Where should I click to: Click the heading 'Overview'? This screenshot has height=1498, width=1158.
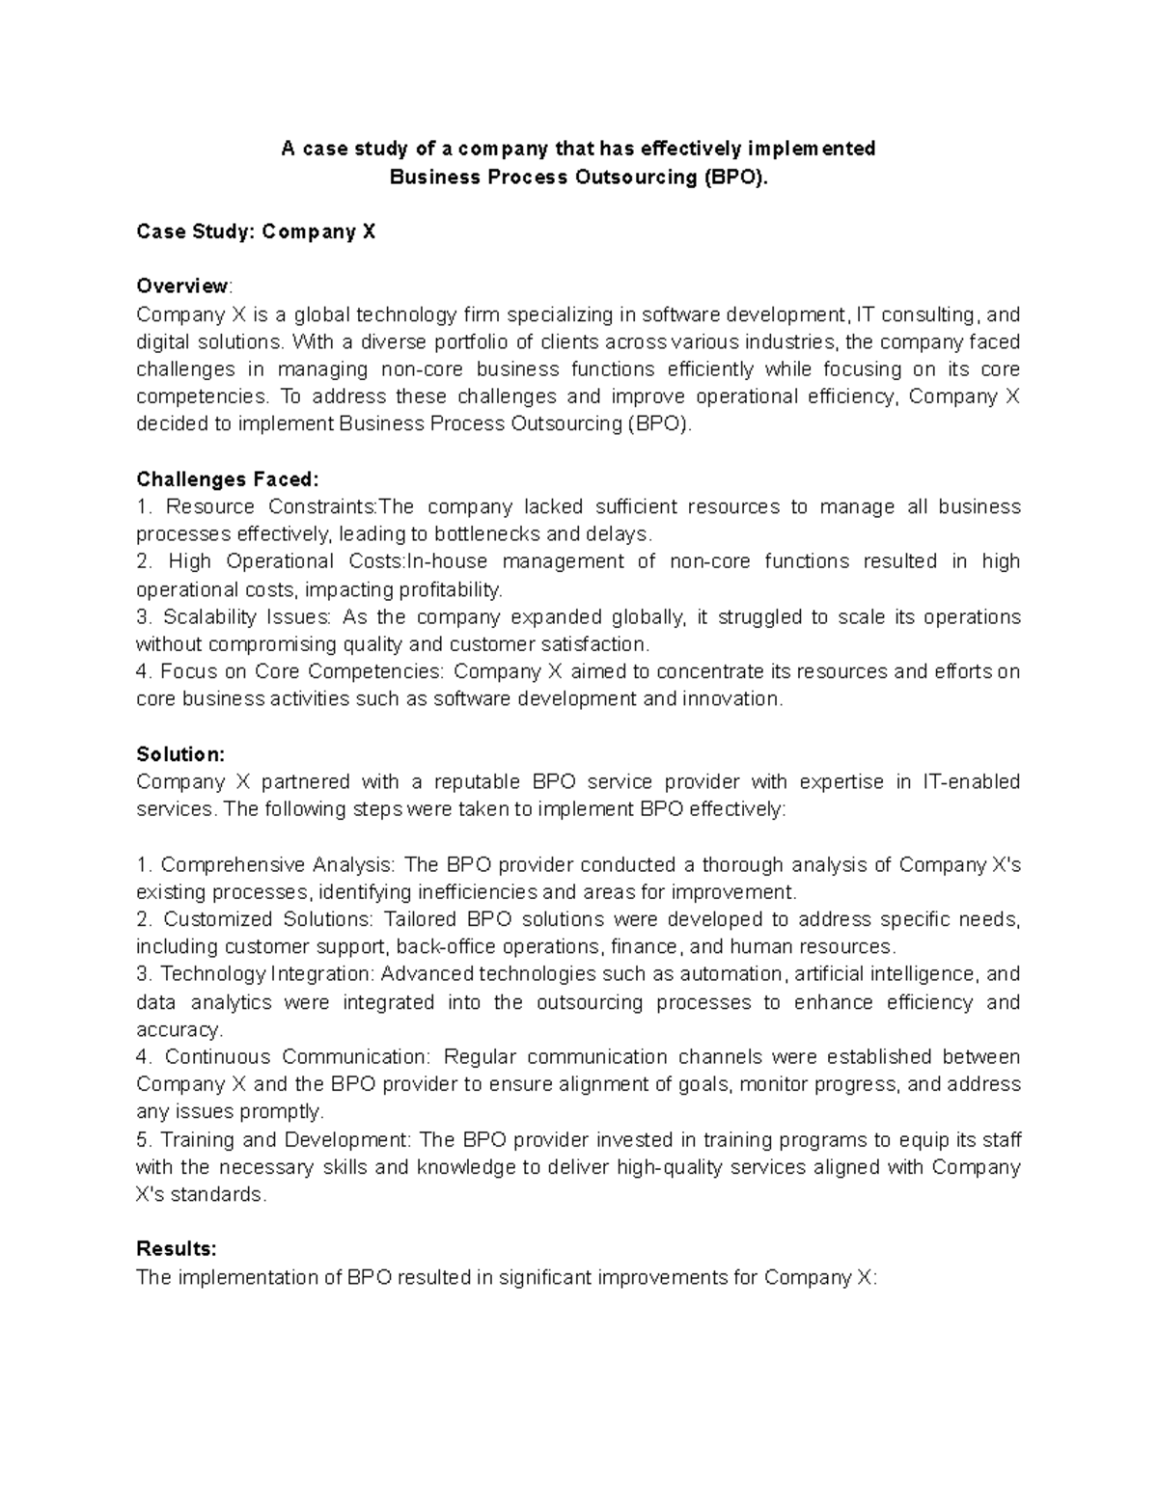pyautogui.click(x=182, y=286)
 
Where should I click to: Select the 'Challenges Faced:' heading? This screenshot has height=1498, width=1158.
pyautogui.click(x=227, y=479)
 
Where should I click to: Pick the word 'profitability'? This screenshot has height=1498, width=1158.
pyautogui.click(x=454, y=589)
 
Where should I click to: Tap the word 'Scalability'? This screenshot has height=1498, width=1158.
pyautogui.click(x=210, y=617)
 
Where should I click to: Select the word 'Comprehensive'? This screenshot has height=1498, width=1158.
pyautogui.click(x=231, y=864)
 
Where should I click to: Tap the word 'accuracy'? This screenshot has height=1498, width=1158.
pyautogui.click(x=178, y=1030)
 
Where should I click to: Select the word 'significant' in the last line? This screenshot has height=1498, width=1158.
pyautogui.click(x=534, y=1278)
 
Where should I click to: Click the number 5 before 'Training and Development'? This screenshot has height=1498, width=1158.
pyautogui.click(x=142, y=1140)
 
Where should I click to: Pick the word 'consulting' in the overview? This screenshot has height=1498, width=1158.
pyautogui.click(x=928, y=315)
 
